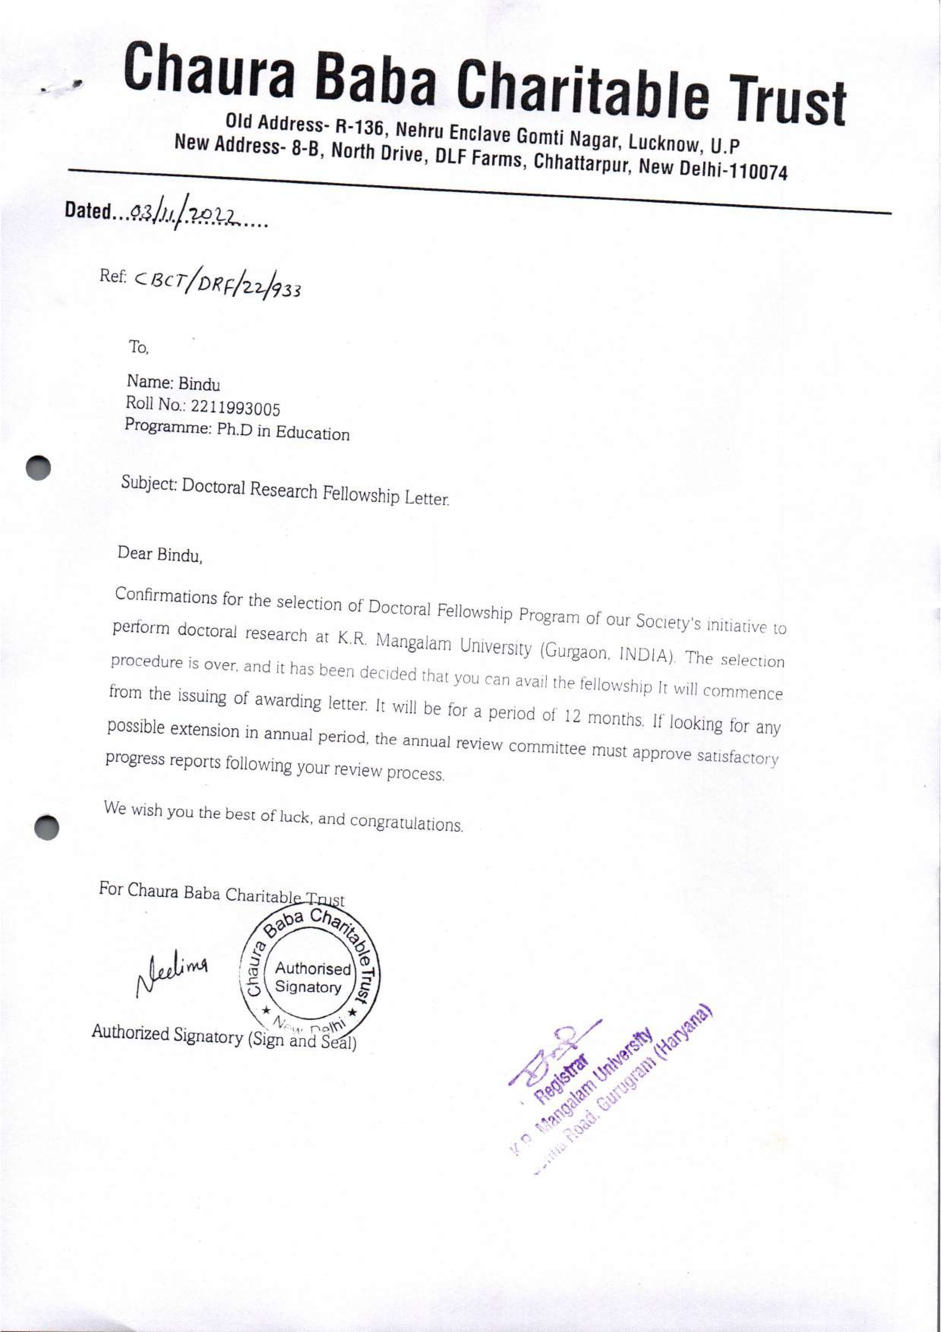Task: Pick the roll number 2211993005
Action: click(x=235, y=408)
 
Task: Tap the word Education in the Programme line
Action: click(x=312, y=433)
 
